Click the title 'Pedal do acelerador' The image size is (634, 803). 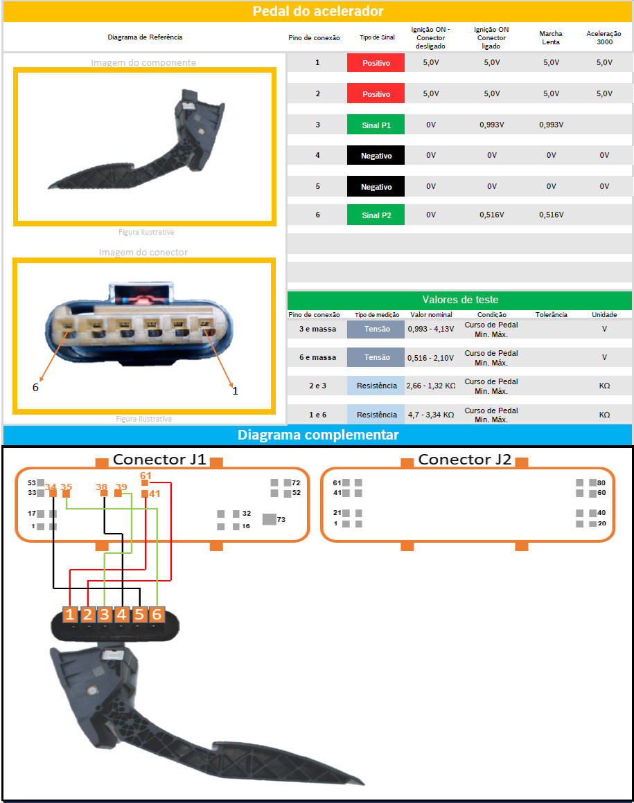click(317, 11)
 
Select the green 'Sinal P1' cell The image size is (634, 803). click(376, 125)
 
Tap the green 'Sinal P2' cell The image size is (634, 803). click(376, 215)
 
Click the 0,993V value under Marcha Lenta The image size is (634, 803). click(551, 125)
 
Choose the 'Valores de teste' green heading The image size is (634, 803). click(460, 300)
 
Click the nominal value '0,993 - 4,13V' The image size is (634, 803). click(430, 329)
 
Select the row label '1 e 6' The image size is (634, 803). click(317, 415)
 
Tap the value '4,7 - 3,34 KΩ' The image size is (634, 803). click(430, 415)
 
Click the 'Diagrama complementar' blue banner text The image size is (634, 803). click(317, 435)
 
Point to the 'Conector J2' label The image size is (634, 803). click(464, 459)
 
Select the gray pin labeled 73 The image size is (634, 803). click(269, 519)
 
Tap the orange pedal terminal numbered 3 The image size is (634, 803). click(104, 614)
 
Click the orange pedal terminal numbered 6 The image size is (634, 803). click(157, 614)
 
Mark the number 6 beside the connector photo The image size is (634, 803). click(35, 387)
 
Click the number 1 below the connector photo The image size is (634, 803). click(235, 390)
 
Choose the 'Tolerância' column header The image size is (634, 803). click(551, 314)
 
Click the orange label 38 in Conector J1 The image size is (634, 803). click(102, 487)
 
